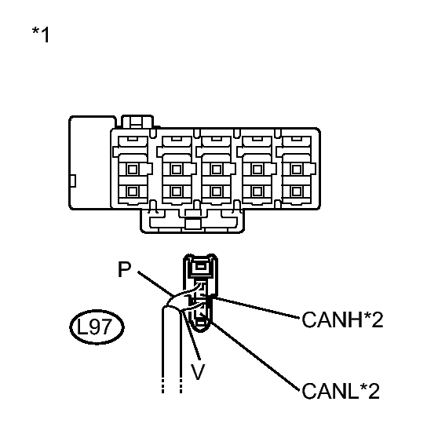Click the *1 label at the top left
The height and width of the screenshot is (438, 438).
tap(41, 35)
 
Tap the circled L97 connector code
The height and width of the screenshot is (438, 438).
tap(97, 327)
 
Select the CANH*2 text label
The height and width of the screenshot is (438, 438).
tap(342, 319)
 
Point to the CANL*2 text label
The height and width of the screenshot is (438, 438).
tap(341, 391)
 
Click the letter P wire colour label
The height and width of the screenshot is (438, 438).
tap(124, 269)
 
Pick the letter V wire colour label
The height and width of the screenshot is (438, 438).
tap(198, 371)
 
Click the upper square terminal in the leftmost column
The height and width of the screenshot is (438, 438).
tap(133, 170)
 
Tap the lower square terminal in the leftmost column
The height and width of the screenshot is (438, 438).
tap(133, 192)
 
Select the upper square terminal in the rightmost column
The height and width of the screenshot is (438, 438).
tap(297, 170)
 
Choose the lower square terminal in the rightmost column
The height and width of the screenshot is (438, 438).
tap(297, 192)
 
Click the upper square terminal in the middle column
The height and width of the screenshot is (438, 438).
tap(217, 170)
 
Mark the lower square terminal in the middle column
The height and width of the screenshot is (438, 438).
tap(217, 192)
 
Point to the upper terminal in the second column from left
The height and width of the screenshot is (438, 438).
tap(177, 170)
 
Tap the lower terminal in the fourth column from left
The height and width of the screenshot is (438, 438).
tap(257, 192)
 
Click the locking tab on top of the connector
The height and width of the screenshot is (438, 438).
tap(137, 122)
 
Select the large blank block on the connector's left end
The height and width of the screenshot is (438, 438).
tap(90, 162)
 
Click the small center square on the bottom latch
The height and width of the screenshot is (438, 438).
tap(193, 224)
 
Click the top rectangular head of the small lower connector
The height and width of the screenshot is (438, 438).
tap(200, 268)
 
